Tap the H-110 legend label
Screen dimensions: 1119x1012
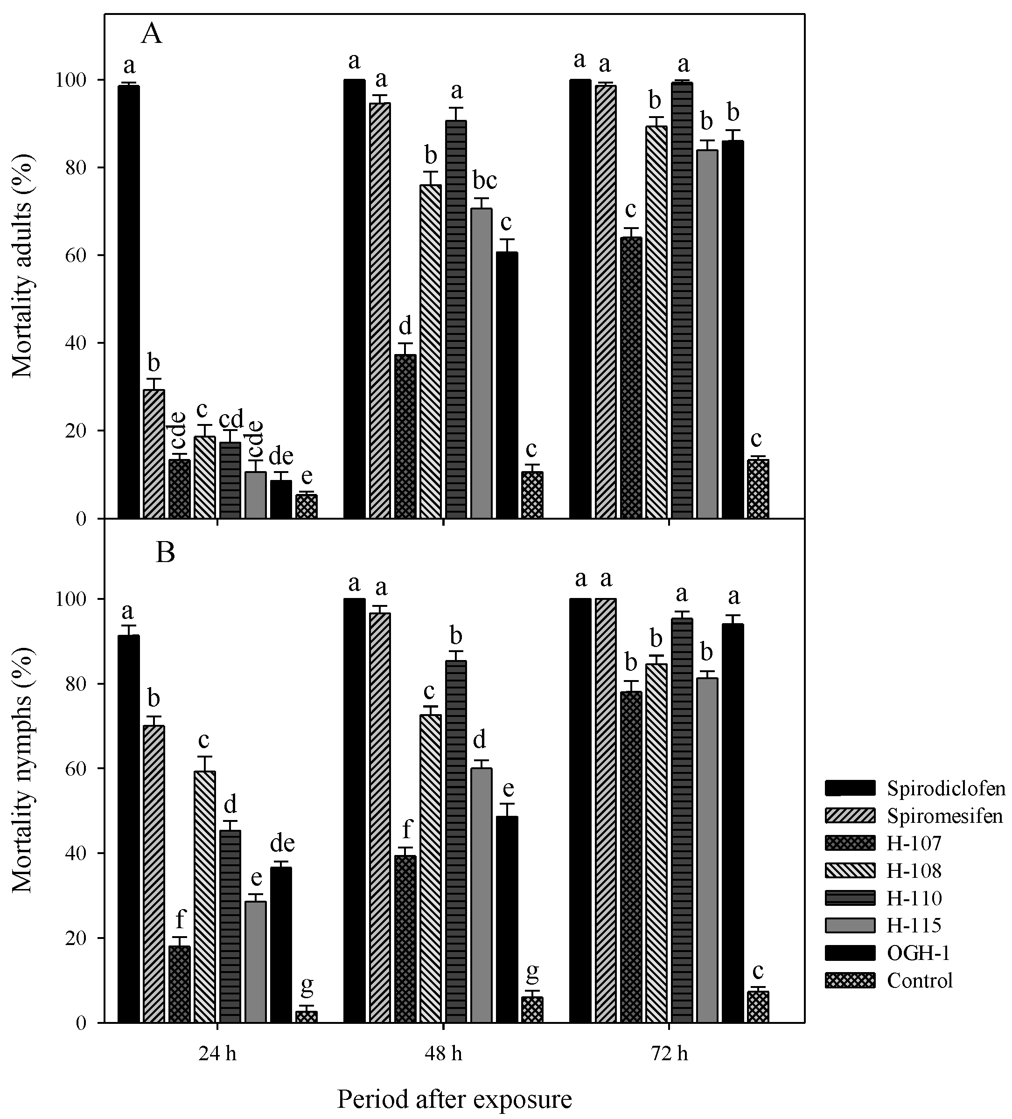pos(914,897)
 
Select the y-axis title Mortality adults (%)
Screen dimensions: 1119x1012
pos(23,266)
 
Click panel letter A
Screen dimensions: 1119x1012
pos(152,35)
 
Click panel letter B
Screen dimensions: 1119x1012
pos(165,553)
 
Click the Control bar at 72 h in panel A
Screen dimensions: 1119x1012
pos(758,488)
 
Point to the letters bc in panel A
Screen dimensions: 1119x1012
pos(484,181)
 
